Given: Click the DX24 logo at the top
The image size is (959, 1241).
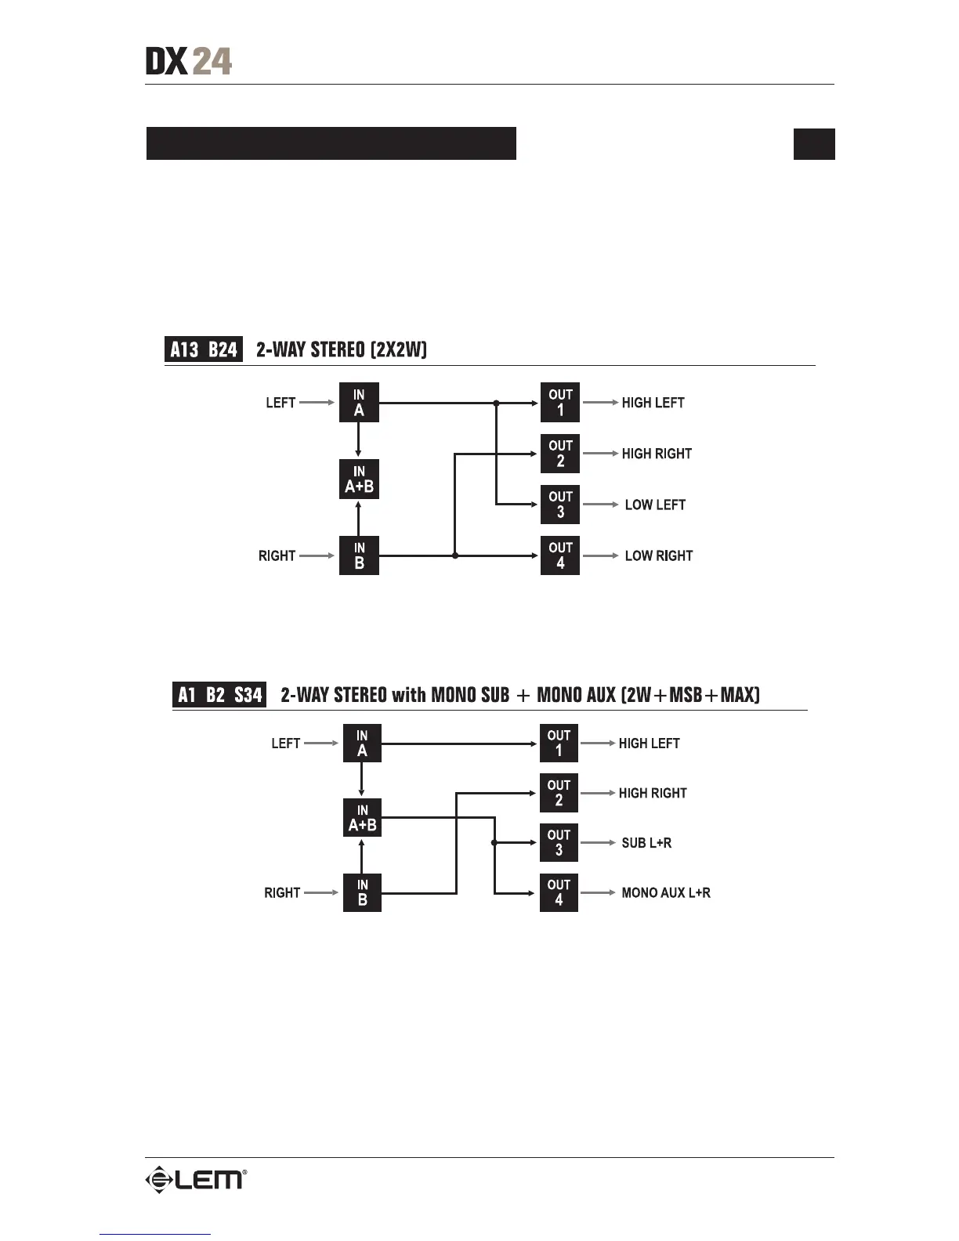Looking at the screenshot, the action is point(189,61).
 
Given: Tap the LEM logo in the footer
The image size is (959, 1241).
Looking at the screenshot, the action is point(195,1179).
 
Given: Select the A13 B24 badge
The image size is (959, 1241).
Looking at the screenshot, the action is point(204,349).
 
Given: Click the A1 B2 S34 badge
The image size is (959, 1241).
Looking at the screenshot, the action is point(219,695).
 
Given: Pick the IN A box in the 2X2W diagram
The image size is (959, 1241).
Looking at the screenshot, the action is point(359,403).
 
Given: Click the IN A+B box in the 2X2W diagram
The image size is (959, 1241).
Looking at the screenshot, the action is point(359,479).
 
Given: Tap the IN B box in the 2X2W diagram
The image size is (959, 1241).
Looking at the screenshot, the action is point(359,555).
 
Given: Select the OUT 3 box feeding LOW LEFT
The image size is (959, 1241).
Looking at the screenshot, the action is point(560,505).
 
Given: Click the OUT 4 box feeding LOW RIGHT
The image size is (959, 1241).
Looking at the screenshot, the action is point(560,555).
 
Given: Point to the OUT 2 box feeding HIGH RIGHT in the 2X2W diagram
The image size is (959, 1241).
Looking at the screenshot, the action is point(560,454).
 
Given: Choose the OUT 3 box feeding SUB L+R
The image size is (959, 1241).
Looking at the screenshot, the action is point(559,843).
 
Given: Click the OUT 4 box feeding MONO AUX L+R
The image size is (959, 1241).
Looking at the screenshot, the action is point(559,892).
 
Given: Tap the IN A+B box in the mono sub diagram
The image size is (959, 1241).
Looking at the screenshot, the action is point(362,818).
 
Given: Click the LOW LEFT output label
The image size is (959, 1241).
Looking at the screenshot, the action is point(655,505).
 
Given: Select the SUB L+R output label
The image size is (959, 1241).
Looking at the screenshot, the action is point(646,843).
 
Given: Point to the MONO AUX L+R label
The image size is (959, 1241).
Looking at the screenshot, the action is point(666,893).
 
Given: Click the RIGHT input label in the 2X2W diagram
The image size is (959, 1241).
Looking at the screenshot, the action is point(277,556).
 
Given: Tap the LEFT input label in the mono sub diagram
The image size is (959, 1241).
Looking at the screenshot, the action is point(285,744).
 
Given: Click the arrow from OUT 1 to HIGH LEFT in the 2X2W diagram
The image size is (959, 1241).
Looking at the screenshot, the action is point(600,403).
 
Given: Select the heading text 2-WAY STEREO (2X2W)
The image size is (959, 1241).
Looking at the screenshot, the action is point(342,349).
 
